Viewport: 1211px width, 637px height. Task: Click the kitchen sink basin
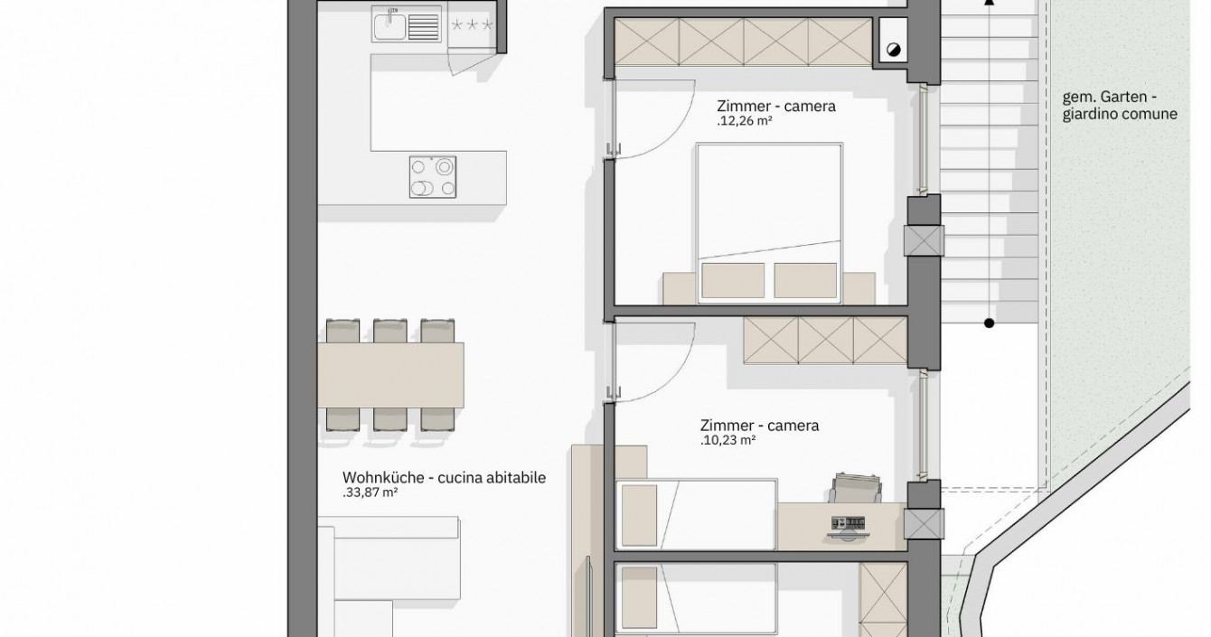[390, 24]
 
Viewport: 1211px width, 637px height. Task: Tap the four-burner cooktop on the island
[433, 177]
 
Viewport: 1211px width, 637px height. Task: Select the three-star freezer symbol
[472, 24]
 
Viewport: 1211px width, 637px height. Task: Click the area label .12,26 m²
[745, 121]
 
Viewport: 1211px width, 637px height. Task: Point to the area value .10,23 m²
[728, 440]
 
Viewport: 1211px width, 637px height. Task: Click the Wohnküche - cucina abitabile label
[444, 478]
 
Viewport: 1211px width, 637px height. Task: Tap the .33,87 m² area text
[371, 492]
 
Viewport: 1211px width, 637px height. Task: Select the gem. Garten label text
[1110, 98]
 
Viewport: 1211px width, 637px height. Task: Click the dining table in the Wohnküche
[390, 375]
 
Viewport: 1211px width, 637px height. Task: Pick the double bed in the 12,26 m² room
[769, 222]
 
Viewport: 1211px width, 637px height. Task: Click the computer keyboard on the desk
[849, 522]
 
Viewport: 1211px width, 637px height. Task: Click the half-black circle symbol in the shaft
[894, 50]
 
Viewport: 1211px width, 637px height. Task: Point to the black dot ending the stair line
[990, 323]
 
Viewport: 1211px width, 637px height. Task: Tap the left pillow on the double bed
[733, 280]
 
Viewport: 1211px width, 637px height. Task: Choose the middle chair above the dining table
[390, 331]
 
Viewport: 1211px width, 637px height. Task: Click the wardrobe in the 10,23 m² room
[825, 341]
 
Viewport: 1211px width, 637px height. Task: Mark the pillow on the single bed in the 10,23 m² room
[640, 515]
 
